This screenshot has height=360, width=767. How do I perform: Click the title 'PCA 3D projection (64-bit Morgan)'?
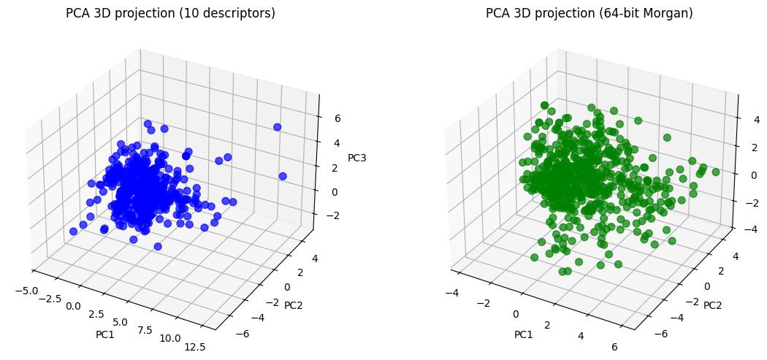pos(589,13)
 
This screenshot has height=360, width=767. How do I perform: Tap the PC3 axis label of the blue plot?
pos(357,158)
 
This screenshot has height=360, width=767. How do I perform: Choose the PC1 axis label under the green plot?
pos(523,334)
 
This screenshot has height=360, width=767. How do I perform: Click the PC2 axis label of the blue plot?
pos(294,304)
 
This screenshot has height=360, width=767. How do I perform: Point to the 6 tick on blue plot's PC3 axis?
pos(337,118)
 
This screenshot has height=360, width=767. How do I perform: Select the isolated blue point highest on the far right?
pos(278,127)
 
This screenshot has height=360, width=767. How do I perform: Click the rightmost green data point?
pos(716,172)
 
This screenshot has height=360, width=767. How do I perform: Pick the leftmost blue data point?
pos(73,231)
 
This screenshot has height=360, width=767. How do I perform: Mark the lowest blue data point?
pos(158,247)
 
